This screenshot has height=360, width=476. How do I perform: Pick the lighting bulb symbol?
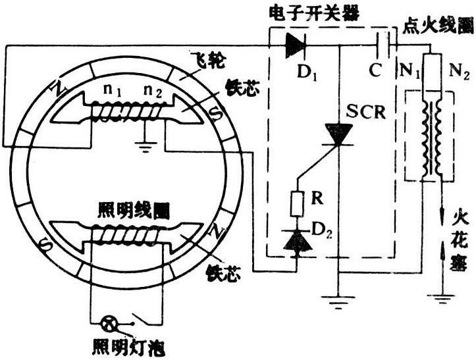(x=107, y=324)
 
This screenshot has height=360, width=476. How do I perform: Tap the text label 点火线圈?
(x=437, y=27)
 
